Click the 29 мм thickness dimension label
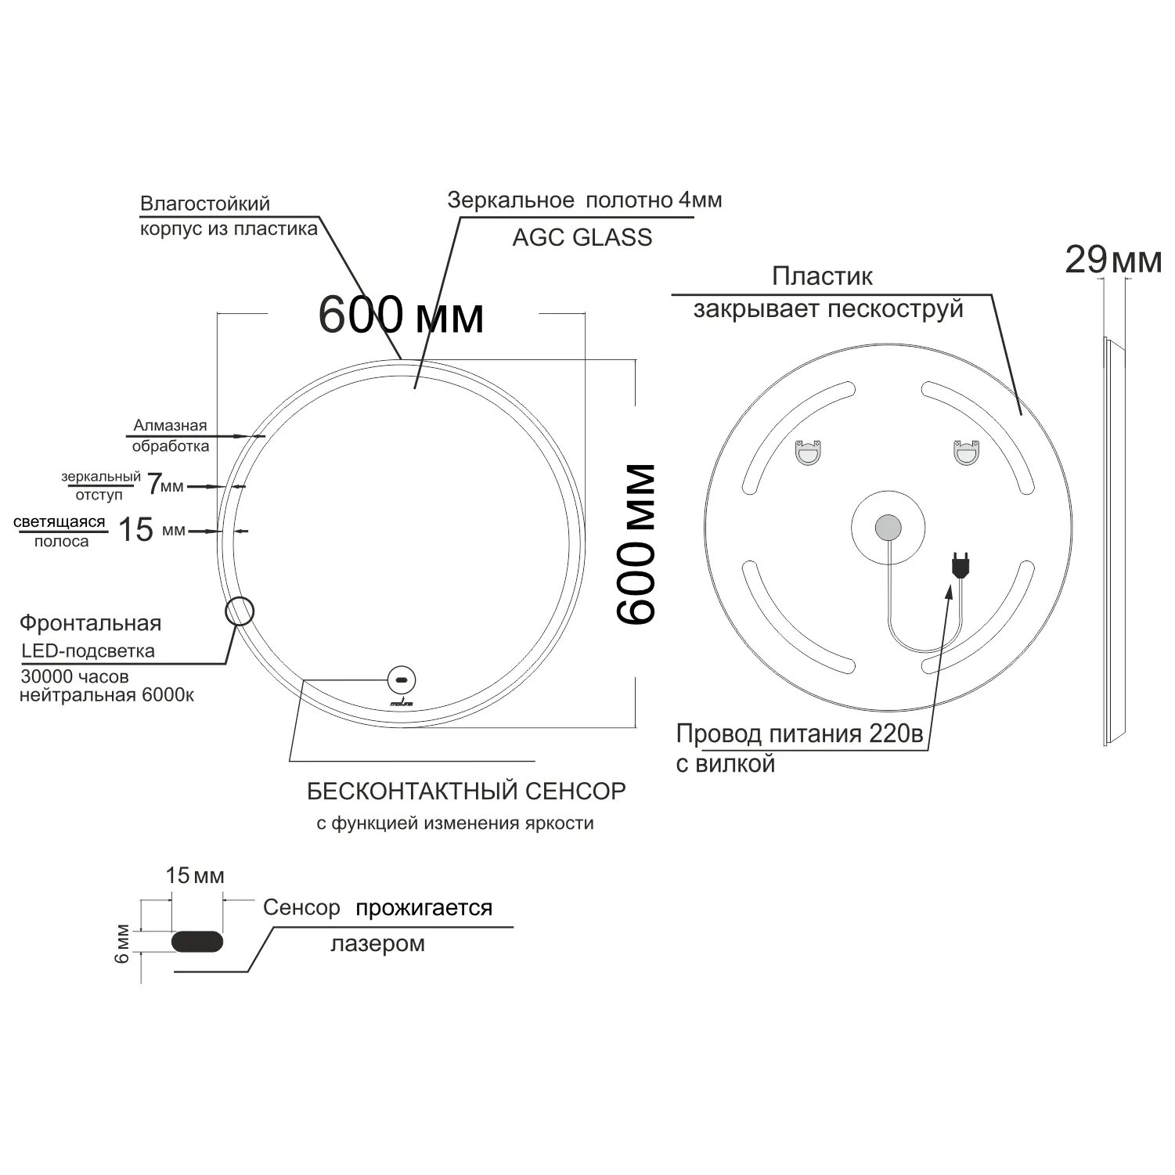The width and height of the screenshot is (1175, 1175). [1113, 260]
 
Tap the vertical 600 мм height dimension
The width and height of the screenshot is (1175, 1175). [636, 544]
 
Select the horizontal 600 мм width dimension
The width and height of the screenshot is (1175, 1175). [401, 315]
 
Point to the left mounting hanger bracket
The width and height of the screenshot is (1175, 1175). [808, 452]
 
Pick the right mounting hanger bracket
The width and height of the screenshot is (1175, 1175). [966, 452]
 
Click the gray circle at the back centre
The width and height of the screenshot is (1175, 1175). [888, 528]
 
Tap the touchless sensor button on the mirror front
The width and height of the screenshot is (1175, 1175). [402, 679]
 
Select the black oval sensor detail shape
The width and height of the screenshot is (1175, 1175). [197, 941]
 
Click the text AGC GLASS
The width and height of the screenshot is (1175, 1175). [582, 238]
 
